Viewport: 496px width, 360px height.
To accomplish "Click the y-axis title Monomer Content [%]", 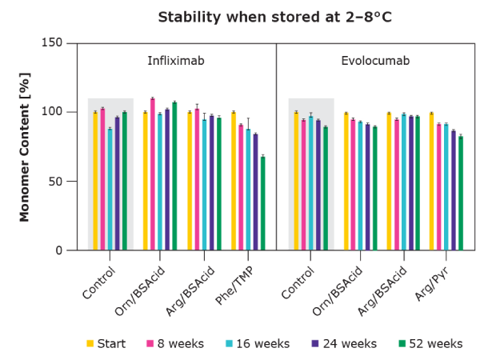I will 24,146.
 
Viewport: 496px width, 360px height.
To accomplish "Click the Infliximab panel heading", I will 176,61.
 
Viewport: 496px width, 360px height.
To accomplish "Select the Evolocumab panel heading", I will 375,61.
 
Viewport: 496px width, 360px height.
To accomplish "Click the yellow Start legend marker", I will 90,344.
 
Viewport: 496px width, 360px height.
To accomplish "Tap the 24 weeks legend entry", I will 344,344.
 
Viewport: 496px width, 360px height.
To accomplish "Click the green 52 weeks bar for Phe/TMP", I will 262,203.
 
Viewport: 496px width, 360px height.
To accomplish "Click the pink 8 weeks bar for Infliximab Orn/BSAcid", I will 152,174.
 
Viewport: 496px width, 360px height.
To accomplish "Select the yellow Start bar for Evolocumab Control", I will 296,181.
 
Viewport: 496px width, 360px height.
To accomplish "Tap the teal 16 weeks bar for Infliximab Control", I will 110,190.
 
